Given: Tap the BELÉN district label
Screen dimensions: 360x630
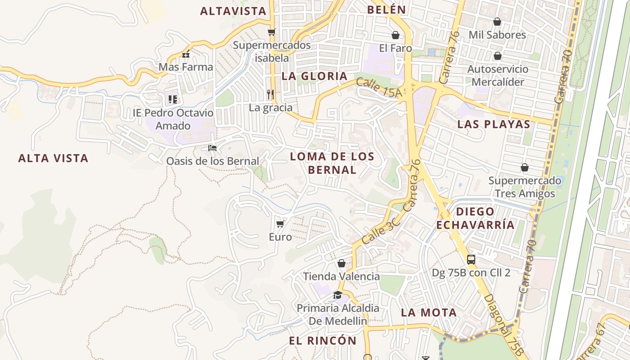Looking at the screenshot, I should [x=387, y=9].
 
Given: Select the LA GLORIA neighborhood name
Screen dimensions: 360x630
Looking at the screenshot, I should [x=315, y=76].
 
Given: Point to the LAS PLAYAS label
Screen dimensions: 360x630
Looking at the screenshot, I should [x=494, y=125].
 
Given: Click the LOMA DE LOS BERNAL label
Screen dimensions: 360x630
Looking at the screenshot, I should [x=332, y=163].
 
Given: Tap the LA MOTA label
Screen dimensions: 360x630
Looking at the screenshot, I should [x=428, y=312].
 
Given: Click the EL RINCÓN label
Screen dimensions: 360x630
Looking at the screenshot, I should [x=323, y=341].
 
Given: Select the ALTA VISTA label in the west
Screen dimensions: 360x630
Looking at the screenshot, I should [x=53, y=158].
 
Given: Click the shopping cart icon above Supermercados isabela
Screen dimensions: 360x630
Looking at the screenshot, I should [x=271, y=32].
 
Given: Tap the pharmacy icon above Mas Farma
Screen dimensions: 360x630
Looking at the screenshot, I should [x=186, y=54].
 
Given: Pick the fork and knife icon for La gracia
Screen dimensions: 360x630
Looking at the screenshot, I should [x=270, y=94].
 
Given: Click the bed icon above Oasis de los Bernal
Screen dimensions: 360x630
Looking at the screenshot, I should [x=212, y=148].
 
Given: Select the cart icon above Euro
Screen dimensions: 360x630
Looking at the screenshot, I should [x=280, y=223].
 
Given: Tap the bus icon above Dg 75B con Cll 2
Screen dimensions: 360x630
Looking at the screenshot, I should [x=471, y=259].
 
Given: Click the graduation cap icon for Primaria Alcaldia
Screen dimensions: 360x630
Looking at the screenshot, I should [x=337, y=295].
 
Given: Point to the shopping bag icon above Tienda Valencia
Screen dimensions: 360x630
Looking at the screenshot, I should [x=342, y=263].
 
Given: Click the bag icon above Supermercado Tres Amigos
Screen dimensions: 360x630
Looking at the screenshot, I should [x=524, y=167].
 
